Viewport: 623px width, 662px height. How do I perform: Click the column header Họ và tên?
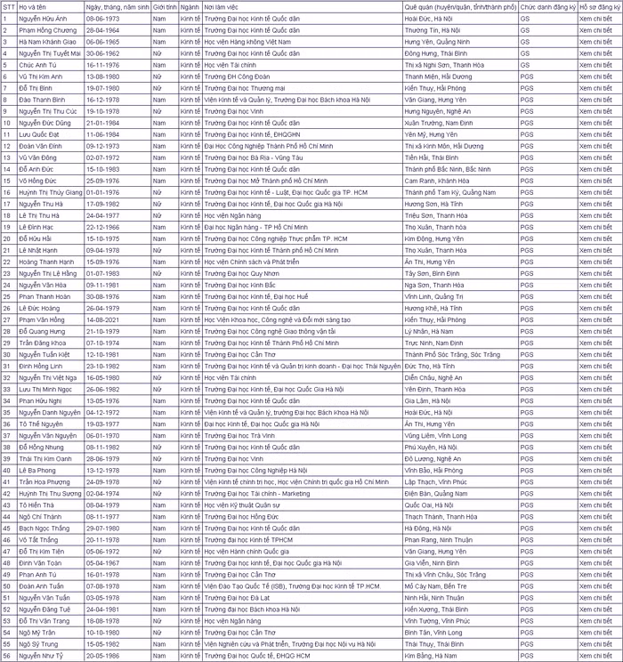[33, 5]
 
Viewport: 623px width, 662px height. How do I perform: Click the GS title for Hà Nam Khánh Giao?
[525, 41]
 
